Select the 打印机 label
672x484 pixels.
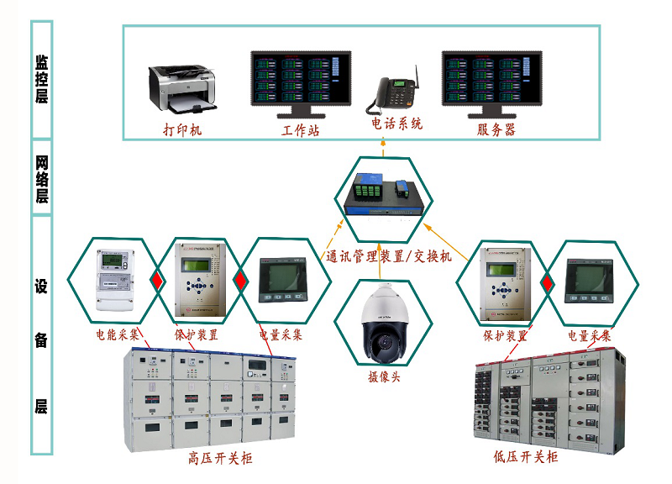[x=182, y=130]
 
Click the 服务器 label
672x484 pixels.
[x=496, y=129]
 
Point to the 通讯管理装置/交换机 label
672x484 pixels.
[x=389, y=256]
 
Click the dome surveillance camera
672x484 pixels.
[x=384, y=324]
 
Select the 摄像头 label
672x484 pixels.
[x=384, y=376]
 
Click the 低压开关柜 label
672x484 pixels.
[x=526, y=457]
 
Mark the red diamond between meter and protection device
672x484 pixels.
[x=155, y=280]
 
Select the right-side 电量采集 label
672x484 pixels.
[x=590, y=335]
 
